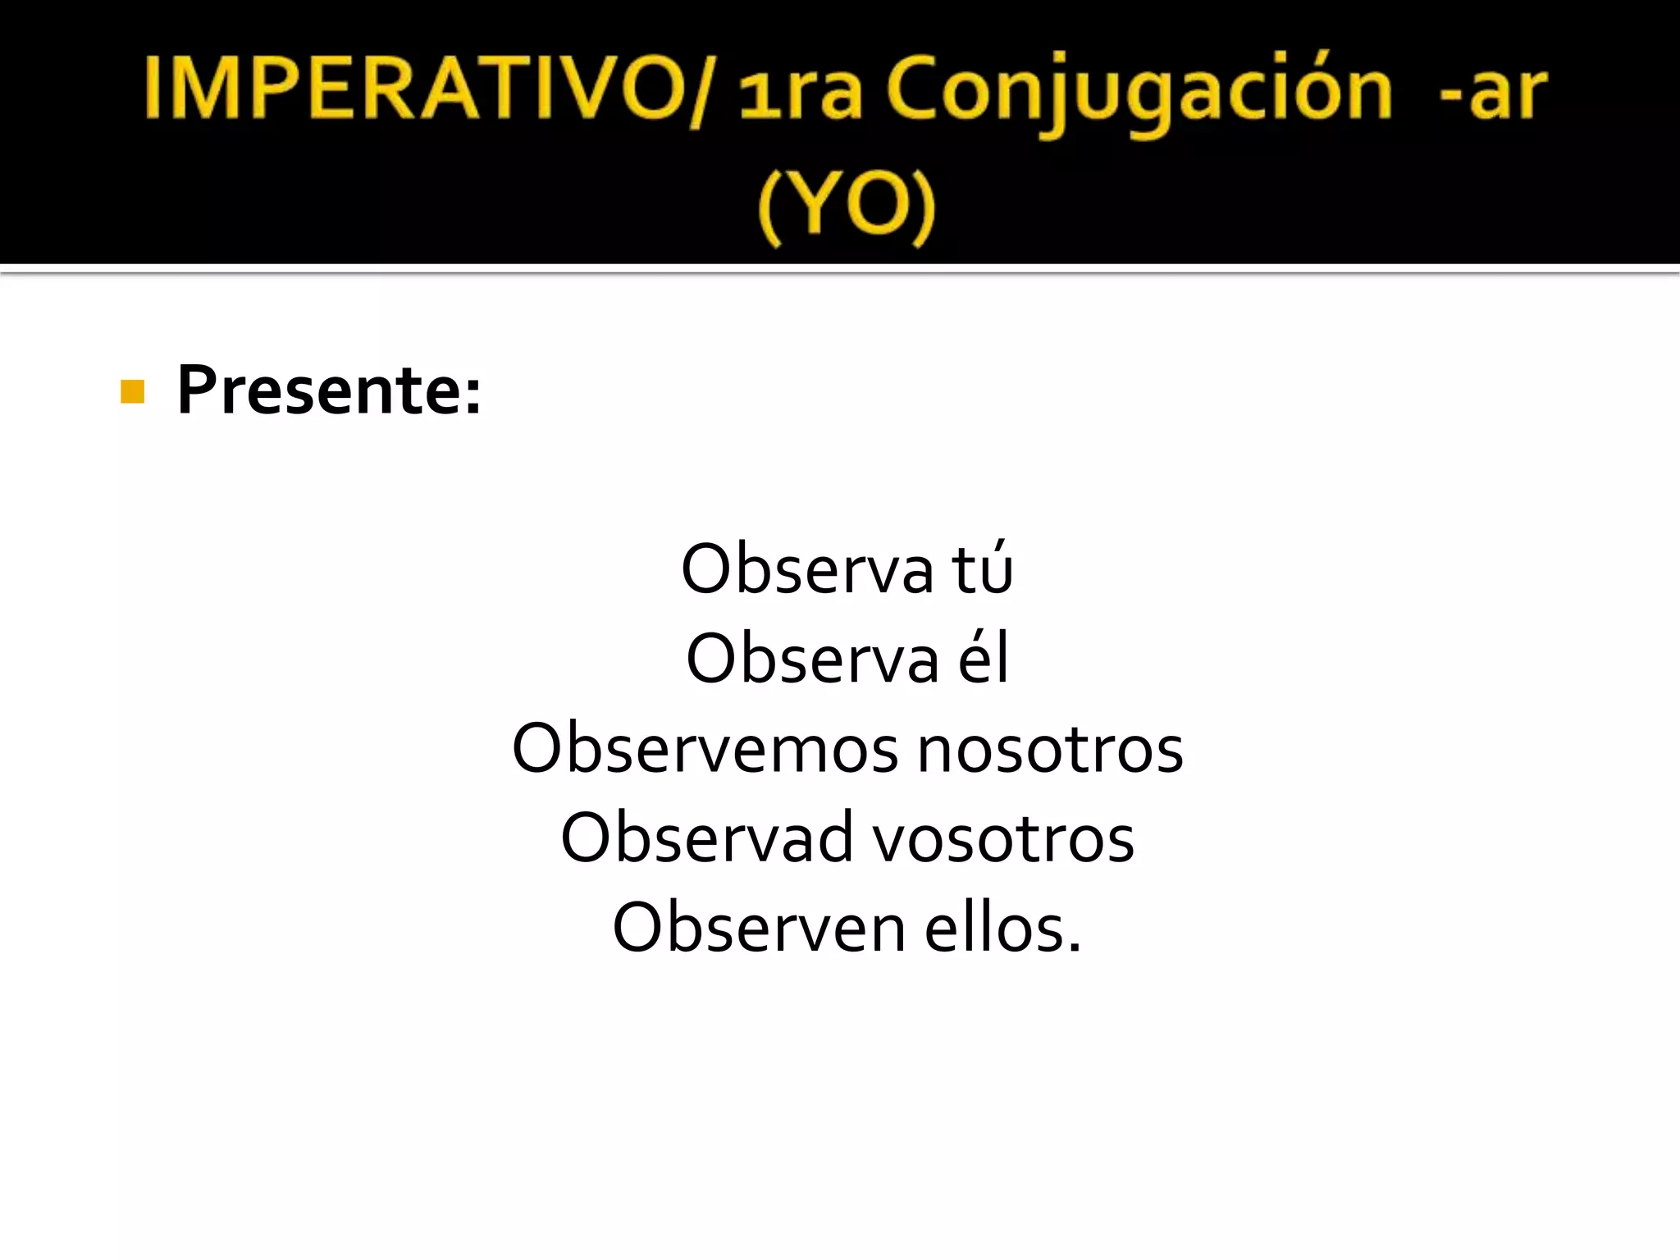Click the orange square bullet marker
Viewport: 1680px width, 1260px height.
pyautogui.click(x=132, y=391)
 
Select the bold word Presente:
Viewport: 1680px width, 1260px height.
pyautogui.click(x=329, y=390)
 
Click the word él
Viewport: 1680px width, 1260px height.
pyautogui.click(x=984, y=659)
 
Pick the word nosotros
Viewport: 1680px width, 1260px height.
pyautogui.click(x=1050, y=748)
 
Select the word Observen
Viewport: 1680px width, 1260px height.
pyautogui.click(x=759, y=928)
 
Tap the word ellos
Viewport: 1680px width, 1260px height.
pyautogui.click(x=996, y=928)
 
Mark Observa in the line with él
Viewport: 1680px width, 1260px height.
pyautogui.click(x=812, y=659)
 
